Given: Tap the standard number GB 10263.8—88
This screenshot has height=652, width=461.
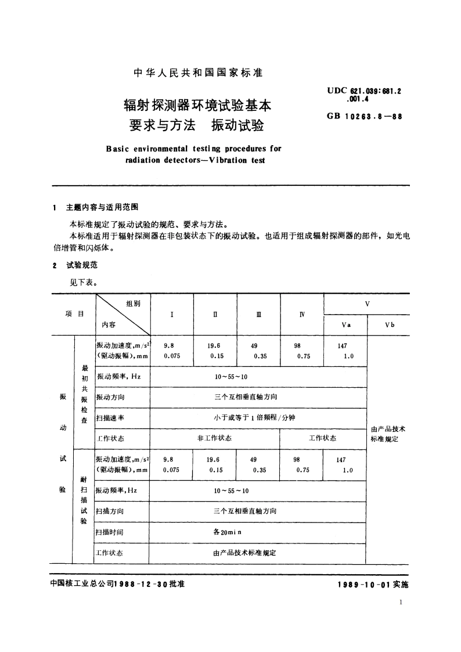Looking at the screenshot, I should (364, 116).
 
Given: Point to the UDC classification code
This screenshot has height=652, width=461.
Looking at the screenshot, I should (365, 94).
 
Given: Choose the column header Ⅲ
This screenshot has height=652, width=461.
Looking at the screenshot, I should (258, 314).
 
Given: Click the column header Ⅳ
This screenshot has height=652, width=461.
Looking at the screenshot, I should (301, 314).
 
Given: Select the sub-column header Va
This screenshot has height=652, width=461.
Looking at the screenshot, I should (345, 325).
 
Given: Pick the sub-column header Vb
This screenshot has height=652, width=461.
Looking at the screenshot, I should (389, 325).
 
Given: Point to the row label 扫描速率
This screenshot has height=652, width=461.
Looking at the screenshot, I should (110, 417).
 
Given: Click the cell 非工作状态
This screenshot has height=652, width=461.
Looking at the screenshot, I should (214, 438).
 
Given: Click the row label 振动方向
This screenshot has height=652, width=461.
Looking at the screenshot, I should (110, 397).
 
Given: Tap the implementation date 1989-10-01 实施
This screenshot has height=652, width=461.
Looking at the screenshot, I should (372, 585).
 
